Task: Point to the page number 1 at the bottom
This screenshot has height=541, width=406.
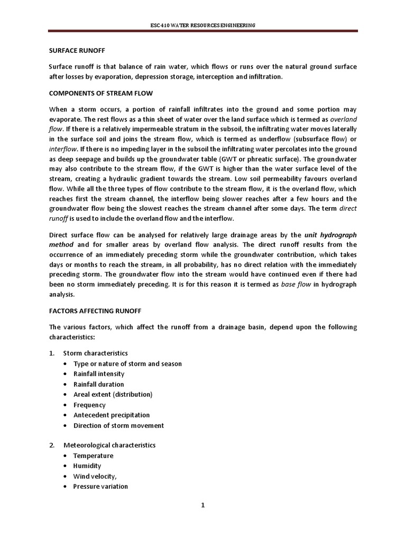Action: pyautogui.click(x=202, y=505)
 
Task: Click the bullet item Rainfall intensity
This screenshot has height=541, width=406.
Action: pyautogui.click(x=99, y=374)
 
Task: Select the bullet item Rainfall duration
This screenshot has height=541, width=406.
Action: pyautogui.click(x=98, y=384)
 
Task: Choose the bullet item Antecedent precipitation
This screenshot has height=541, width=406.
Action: pyautogui.click(x=112, y=415)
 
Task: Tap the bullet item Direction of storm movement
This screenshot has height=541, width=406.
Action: pyautogui.click(x=118, y=425)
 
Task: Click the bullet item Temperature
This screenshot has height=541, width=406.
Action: pyautogui.click(x=93, y=456)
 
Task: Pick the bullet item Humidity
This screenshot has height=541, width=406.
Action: pyautogui.click(x=87, y=466)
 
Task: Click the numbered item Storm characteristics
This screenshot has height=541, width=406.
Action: pyautogui.click(x=95, y=353)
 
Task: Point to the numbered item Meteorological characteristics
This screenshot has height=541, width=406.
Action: pyautogui.click(x=109, y=445)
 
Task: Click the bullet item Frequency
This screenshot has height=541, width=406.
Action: pyautogui.click(x=89, y=405)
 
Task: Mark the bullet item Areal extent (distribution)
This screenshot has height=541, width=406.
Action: pyautogui.click(x=113, y=395)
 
